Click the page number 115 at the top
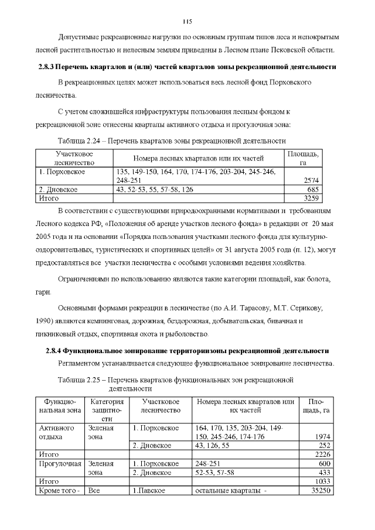point(187,22)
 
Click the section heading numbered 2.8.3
point(183,67)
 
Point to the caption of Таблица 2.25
point(175,384)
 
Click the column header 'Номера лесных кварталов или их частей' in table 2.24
point(198,158)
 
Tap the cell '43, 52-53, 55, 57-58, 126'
point(155,190)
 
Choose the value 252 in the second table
point(323,445)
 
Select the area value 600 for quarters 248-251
point(323,463)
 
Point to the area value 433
point(323,472)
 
